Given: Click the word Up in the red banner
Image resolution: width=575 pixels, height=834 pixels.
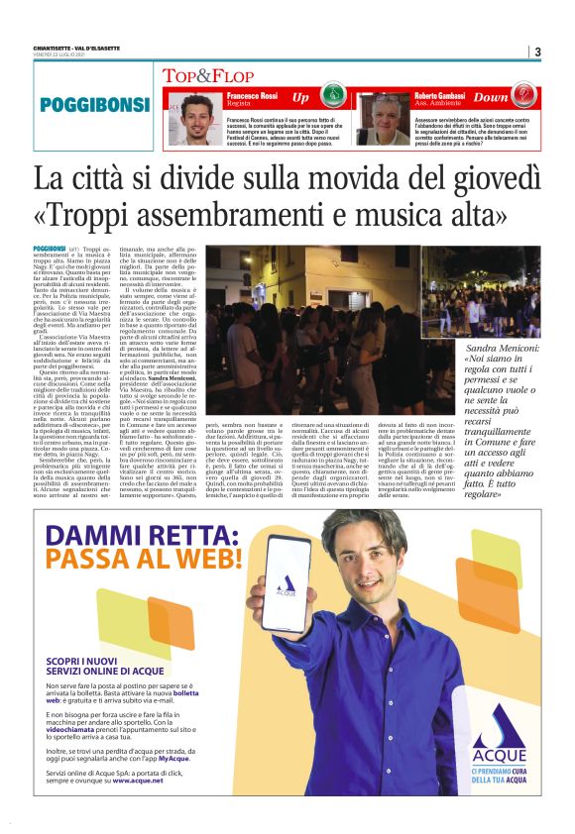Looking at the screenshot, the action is pos(301,98).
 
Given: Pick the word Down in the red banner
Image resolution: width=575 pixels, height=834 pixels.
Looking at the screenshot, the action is pos(491,98).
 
